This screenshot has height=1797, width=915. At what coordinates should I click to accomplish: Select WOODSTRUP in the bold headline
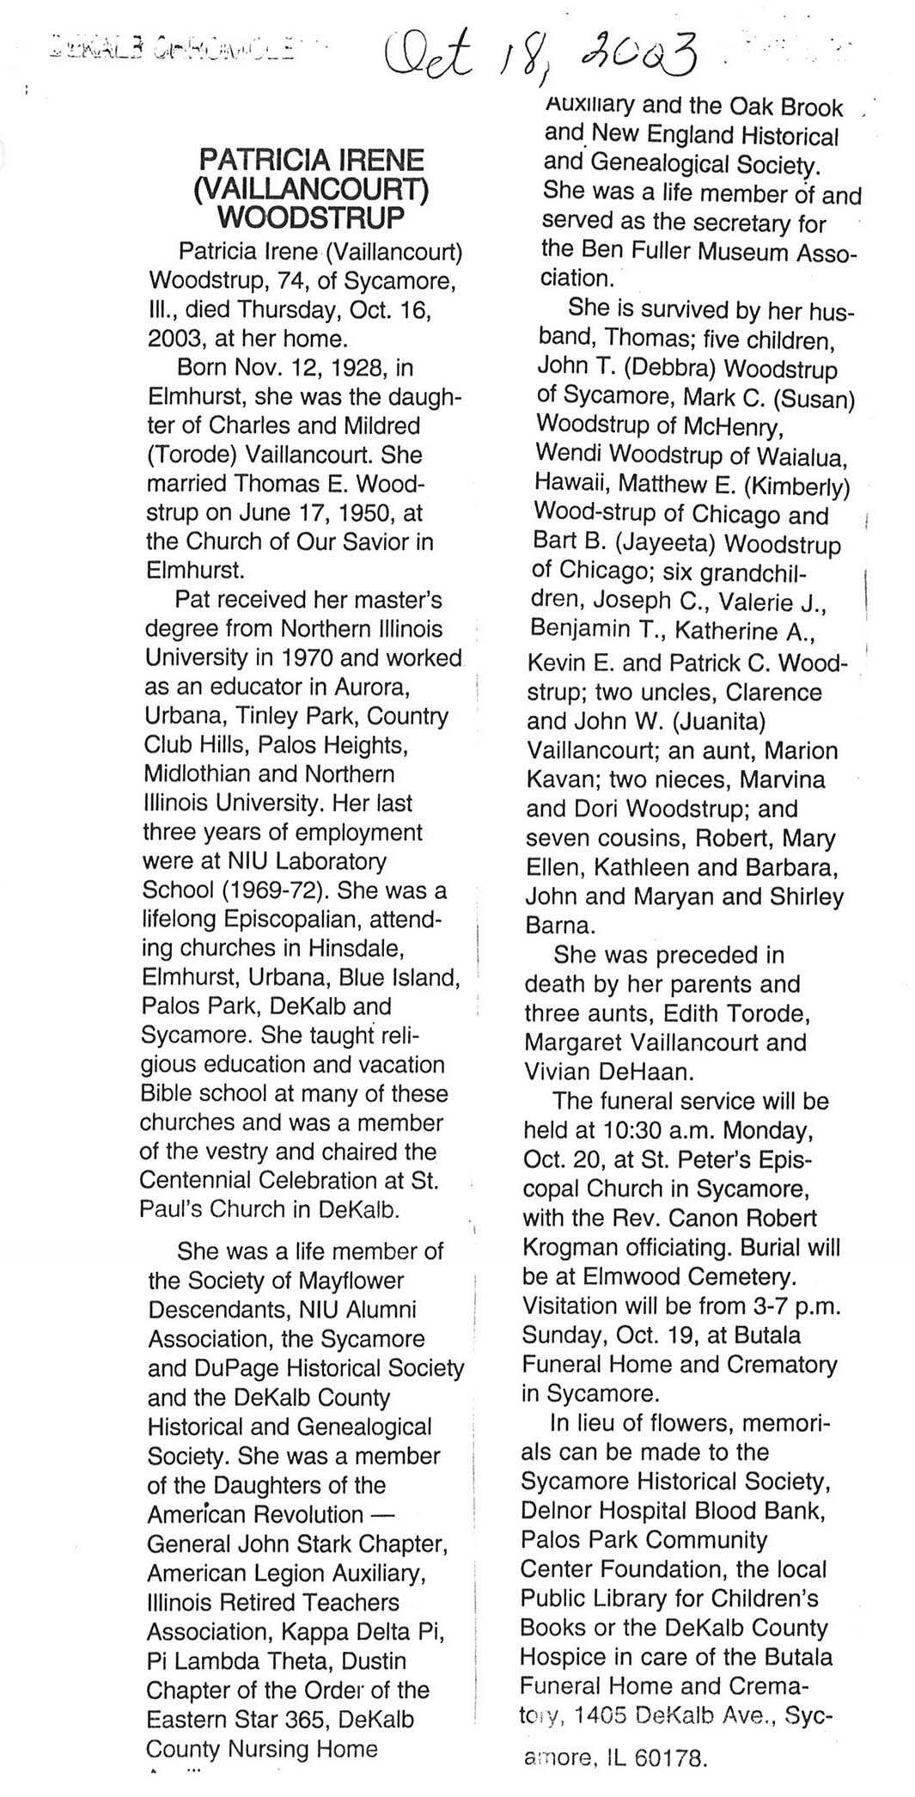pyautogui.click(x=311, y=217)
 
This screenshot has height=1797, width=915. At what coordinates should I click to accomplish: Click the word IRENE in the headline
pyautogui.click(x=374, y=160)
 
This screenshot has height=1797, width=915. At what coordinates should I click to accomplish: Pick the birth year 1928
pyautogui.click(x=359, y=368)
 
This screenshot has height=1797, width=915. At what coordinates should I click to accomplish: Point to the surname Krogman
pyautogui.click(x=572, y=1247)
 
